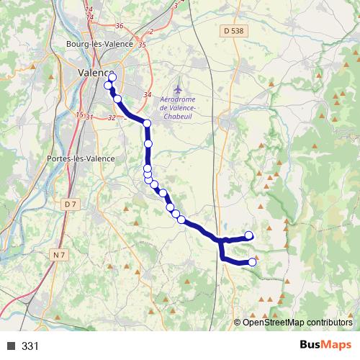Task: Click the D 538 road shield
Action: pos(234,30)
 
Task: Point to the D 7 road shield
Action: pos(70,204)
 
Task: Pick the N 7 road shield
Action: pos(60,255)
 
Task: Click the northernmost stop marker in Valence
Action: pos(112,77)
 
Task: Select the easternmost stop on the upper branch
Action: pos(250,235)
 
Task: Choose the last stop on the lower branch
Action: pos(252,263)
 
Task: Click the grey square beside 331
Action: pos(11,346)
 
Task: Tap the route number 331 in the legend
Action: pos(30,346)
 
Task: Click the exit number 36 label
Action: pos(120,26)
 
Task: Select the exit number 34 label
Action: pos(148,95)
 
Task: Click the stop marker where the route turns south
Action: pos(147,124)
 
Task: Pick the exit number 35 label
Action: pos(142,45)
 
